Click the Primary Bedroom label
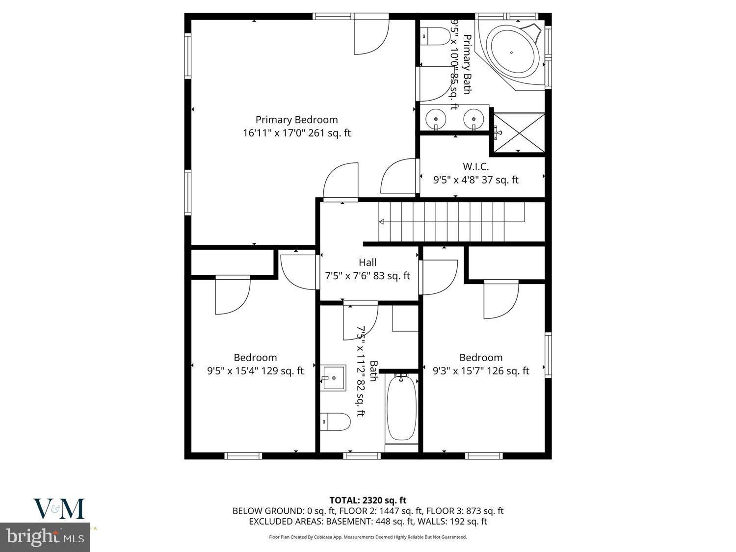pos(296,120)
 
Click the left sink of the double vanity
pos(435,118)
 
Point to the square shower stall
pos(519,132)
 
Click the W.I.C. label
pos(475,166)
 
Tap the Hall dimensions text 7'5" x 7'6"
pos(368,276)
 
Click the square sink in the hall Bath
pos(334,378)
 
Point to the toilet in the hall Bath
pos(336,421)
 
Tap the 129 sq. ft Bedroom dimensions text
pos(255,371)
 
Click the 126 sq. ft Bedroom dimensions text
pos(481,371)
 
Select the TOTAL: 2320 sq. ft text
pos(368,500)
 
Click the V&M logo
pos(59,509)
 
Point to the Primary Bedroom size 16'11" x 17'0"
pos(296,133)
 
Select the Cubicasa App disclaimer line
pos(368,537)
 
